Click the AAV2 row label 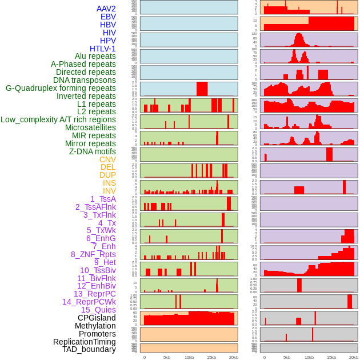[x=106, y=9]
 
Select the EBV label [x=108, y=17]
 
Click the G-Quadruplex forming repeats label [x=61, y=88]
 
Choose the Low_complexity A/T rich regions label [x=58, y=119]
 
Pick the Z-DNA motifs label [x=92, y=151]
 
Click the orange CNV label [x=107, y=159]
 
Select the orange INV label [x=109, y=191]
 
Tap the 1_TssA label [x=103, y=199]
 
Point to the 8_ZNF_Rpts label [x=93, y=254]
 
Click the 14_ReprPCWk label [x=89, y=302]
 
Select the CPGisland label [x=97, y=318]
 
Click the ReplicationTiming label [x=84, y=342]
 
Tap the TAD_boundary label [x=89, y=349]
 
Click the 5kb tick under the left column [x=167, y=357]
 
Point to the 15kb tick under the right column [x=331, y=357]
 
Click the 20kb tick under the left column [x=234, y=357]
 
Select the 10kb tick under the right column [x=309, y=357]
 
